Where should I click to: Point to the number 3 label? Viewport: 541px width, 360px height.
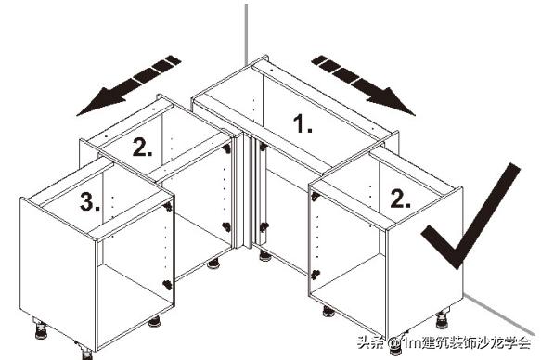point(89,203)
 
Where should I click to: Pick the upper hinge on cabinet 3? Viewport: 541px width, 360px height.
point(168,208)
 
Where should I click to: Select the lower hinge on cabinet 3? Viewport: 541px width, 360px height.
point(166,284)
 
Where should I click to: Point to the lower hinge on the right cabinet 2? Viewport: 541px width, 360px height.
point(316,274)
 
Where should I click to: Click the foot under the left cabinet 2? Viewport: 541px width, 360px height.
point(213,264)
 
